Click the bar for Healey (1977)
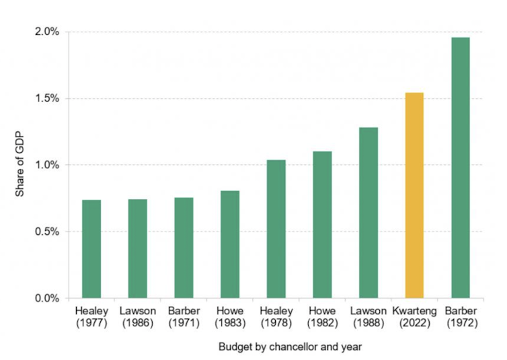tap(91, 249)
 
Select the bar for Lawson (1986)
tap(138, 249)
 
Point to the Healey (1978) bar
tap(276, 229)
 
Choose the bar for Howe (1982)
tap(322, 225)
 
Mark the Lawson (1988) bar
tap(368, 213)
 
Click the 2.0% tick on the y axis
tap(47, 32)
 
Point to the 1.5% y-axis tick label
tap(47, 98)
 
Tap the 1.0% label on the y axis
tap(47, 165)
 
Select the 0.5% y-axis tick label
tap(47, 231)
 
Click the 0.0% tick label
tap(47, 298)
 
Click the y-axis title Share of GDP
tap(19, 165)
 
